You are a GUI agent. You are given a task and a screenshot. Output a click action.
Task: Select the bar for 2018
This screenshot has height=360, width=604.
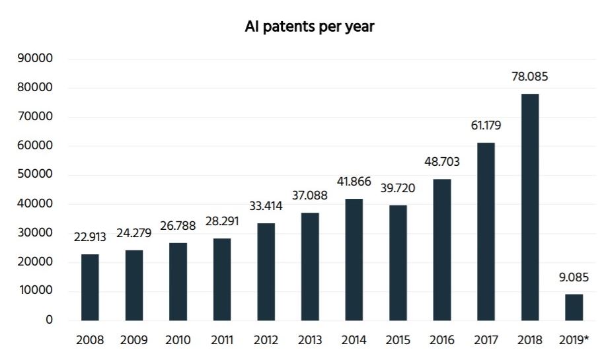tap(530, 207)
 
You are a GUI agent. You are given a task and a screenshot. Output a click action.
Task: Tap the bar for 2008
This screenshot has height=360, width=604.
tap(90, 287)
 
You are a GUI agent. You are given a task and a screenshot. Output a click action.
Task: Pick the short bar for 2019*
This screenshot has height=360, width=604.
tap(574, 307)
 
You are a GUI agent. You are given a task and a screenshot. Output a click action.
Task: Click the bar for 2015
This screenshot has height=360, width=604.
tap(398, 263)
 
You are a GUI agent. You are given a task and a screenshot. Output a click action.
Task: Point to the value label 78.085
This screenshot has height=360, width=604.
tap(530, 77)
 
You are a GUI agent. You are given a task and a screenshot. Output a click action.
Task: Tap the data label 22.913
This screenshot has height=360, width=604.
tap(90, 238)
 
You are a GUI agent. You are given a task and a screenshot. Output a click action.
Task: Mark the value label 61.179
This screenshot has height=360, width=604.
tap(486, 126)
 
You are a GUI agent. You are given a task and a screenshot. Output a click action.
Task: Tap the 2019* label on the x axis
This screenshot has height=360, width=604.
tap(574, 341)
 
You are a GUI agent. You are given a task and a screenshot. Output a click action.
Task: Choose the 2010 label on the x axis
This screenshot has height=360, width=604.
tap(178, 341)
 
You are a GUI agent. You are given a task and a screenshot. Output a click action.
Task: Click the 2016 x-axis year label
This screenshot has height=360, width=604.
tap(441, 341)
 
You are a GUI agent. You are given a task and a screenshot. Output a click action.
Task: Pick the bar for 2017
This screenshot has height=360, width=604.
tap(486, 231)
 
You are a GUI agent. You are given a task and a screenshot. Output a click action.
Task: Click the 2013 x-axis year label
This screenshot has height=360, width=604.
tap(310, 341)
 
